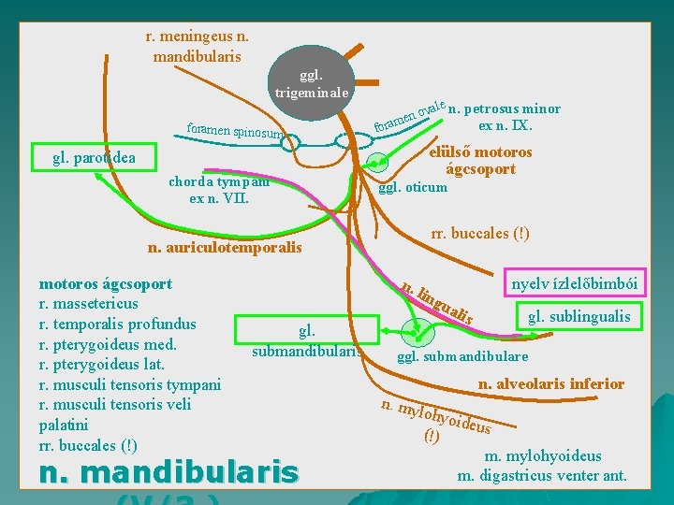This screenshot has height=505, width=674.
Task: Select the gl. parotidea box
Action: tap(95, 157)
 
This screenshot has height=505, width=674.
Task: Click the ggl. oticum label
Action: tap(412, 187)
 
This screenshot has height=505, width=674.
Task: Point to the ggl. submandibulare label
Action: tap(462, 356)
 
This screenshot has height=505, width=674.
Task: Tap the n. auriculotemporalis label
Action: tap(226, 248)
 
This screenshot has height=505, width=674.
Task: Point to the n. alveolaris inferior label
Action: tap(551, 383)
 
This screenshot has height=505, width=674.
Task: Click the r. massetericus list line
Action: tap(89, 303)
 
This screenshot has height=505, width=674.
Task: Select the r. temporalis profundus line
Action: tap(118, 324)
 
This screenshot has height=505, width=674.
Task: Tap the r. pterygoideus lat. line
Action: tap(102, 364)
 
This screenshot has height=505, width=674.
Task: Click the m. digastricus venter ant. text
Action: tap(542, 476)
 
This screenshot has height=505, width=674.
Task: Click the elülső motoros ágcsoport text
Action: tap(480, 160)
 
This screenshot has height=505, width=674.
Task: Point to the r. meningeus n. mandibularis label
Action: tap(197, 46)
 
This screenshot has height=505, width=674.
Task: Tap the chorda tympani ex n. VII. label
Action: tap(219, 190)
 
